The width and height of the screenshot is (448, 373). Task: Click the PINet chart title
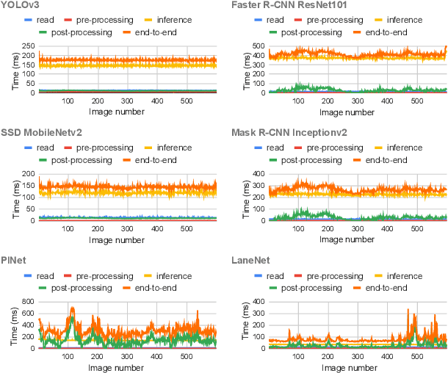(x=13, y=258)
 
